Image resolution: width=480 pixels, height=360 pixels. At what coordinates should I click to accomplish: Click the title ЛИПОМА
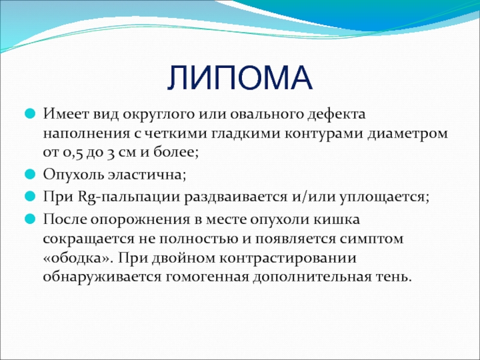tap(240, 78)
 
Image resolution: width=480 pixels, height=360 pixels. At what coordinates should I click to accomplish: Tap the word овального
tap(265, 115)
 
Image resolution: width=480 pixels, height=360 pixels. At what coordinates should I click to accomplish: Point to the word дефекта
tap(337, 115)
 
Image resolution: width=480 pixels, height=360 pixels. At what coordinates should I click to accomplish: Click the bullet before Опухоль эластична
tap(30, 174)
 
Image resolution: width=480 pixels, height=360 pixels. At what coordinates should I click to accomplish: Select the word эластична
tap(146, 175)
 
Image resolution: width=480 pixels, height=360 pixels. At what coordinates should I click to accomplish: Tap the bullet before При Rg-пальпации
tap(30, 196)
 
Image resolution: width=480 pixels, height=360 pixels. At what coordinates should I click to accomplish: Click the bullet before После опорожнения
tap(30, 219)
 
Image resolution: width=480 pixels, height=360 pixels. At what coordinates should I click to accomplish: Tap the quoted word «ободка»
tap(79, 259)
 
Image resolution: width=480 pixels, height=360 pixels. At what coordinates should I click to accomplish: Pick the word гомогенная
tap(207, 278)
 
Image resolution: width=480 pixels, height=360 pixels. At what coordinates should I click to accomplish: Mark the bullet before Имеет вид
tap(30, 114)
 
